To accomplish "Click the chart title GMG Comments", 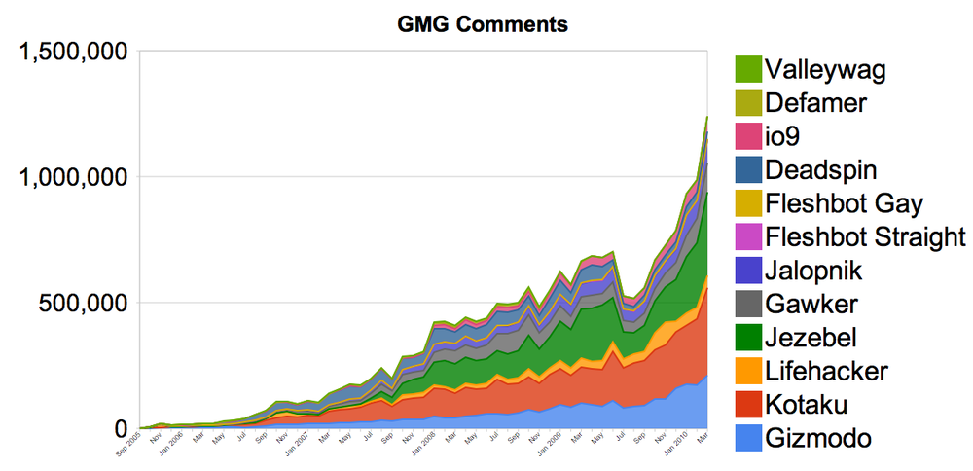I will pyautogui.click(x=484, y=24).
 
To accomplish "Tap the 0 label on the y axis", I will pyautogui.click(x=121, y=428).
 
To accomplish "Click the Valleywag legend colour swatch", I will pyautogui.click(x=747, y=69).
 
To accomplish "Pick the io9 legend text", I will pyautogui.click(x=785, y=136).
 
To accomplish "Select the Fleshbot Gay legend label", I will pyautogui.click(x=844, y=203).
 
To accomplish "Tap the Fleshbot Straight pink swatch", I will pyautogui.click(x=747, y=237).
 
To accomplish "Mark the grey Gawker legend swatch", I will pyautogui.click(x=747, y=305).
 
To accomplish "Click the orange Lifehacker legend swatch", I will pyautogui.click(x=747, y=372).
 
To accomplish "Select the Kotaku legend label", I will pyautogui.click(x=807, y=405).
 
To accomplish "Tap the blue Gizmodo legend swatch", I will pyautogui.click(x=747, y=439).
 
